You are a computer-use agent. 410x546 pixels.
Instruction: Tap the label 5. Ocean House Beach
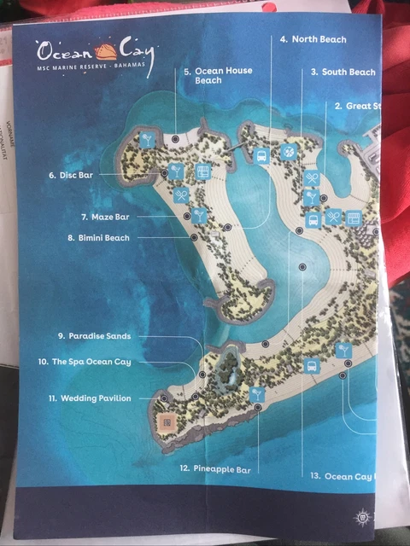tap(218, 76)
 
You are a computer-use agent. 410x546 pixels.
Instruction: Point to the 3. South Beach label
tap(343, 73)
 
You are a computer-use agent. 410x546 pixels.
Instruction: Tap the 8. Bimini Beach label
tap(99, 238)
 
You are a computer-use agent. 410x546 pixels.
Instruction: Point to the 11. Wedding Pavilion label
tap(90, 398)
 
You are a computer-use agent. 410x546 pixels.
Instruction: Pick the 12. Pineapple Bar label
tap(214, 468)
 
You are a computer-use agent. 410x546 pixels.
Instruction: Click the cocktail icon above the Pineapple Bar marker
tap(257, 393)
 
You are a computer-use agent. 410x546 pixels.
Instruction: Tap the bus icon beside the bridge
tap(262, 154)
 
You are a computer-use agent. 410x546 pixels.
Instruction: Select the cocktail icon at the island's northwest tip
tap(148, 139)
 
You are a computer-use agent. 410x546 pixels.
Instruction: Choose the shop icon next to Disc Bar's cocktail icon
tap(202, 171)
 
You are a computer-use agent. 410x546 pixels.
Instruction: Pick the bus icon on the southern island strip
tap(312, 367)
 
